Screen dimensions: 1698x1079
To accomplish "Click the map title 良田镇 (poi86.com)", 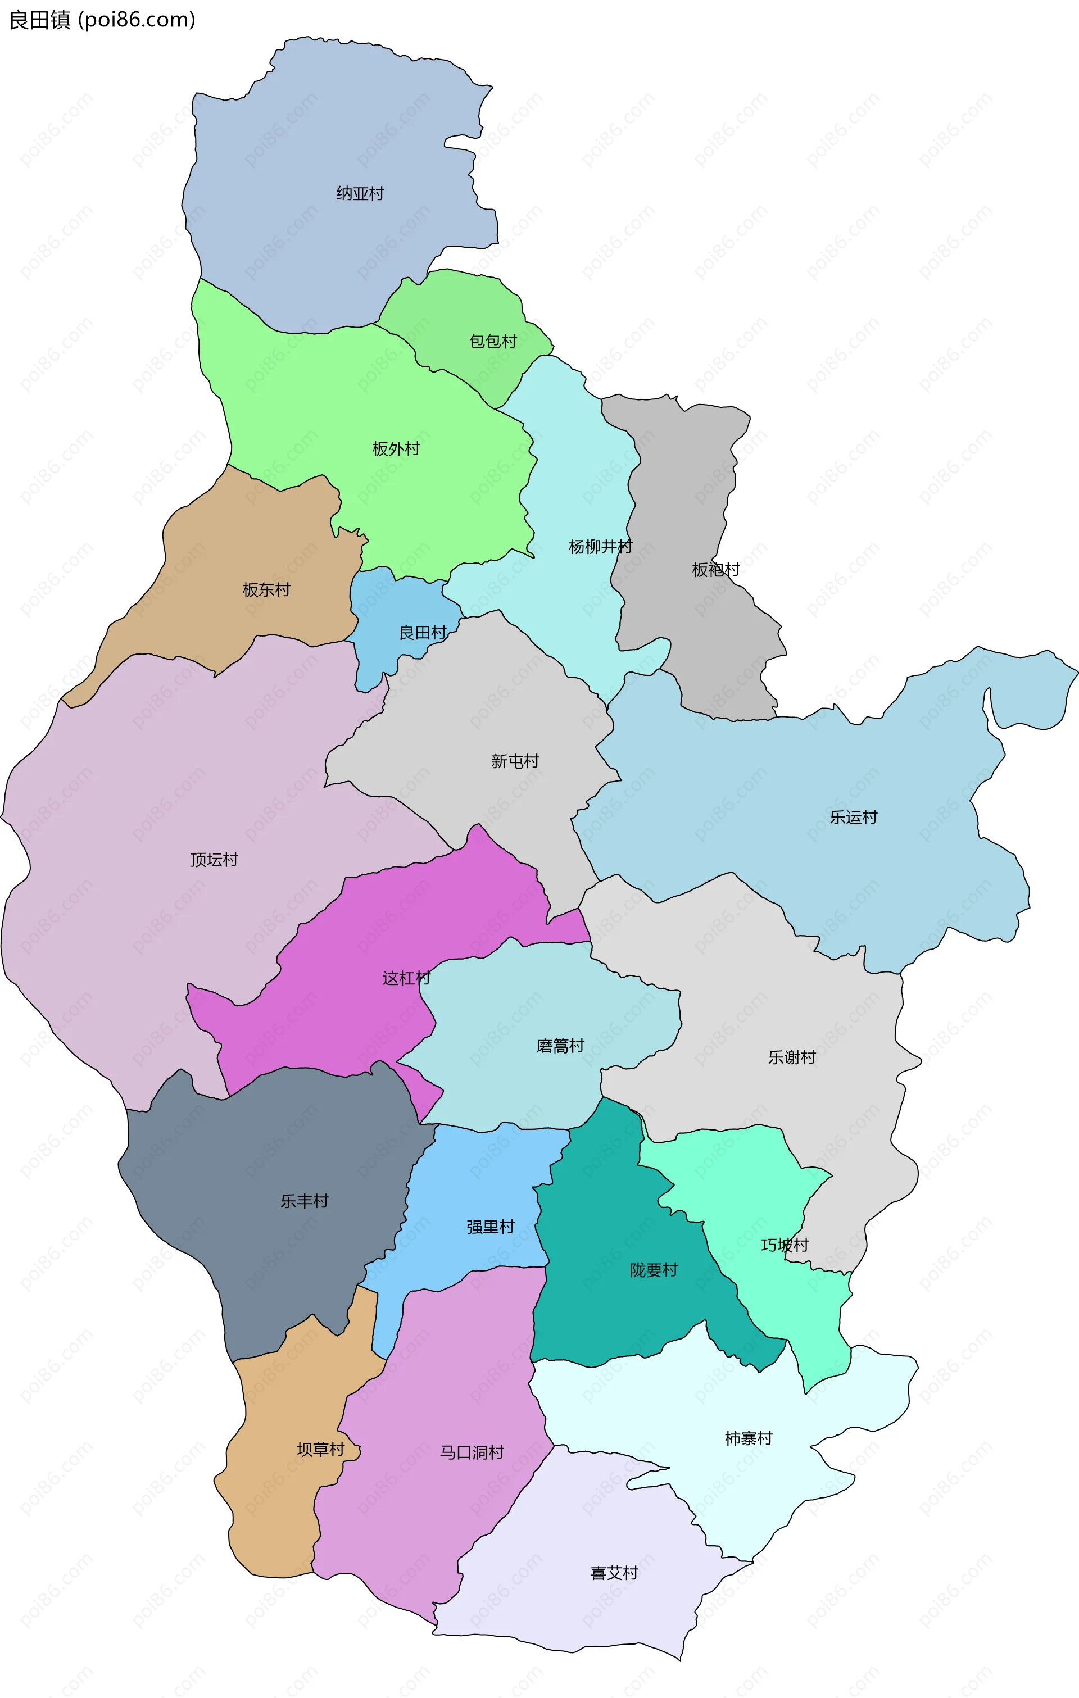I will (x=102, y=20).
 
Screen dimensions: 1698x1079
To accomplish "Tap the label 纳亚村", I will (x=360, y=193).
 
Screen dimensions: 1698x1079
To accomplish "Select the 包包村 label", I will (x=493, y=341).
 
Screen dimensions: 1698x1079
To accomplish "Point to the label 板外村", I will (x=396, y=448).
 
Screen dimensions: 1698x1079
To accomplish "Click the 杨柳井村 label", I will (x=600, y=547).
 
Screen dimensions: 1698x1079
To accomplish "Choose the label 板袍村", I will (x=716, y=569).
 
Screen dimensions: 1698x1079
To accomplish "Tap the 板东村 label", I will (x=266, y=589).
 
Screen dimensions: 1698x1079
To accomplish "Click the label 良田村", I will (x=423, y=633).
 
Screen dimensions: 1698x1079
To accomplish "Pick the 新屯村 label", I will (x=515, y=761).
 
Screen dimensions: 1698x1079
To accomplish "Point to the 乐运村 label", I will (x=853, y=818).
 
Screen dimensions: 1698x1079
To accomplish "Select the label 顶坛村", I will (x=214, y=860).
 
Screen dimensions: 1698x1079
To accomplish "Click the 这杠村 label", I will (x=406, y=978).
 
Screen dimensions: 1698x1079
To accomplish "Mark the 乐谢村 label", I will (x=791, y=1057).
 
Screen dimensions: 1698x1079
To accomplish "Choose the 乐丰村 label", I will (x=304, y=1201).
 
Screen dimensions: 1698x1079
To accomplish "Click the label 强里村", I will (x=490, y=1227).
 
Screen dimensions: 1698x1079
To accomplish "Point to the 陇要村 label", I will (x=654, y=1270).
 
